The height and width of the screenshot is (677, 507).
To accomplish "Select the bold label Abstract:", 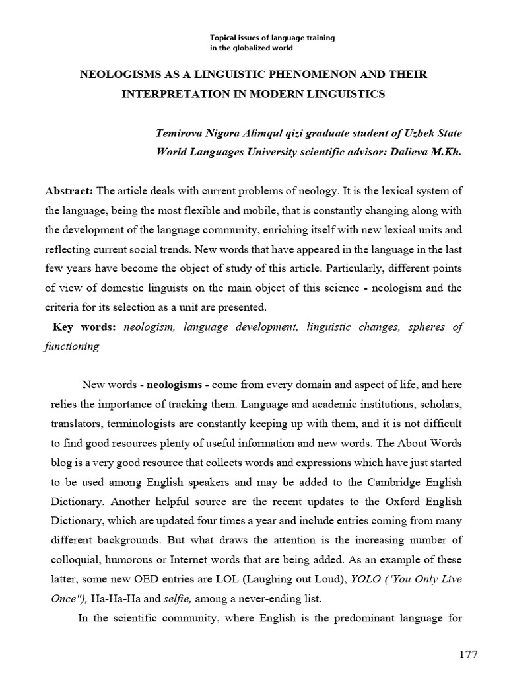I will tap(69, 191).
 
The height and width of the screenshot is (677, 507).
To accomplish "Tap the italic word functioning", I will tap(71, 346).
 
